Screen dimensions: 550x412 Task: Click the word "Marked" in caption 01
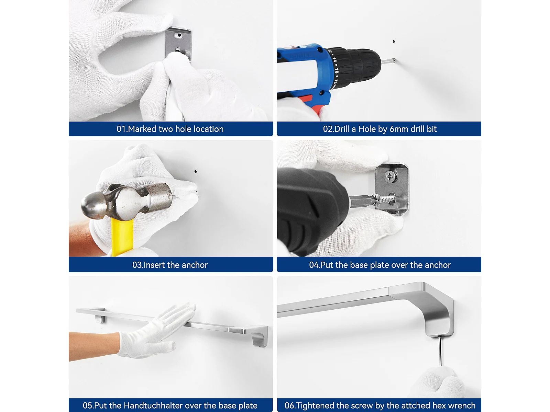pos(142,129)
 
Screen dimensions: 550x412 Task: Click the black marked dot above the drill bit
pos(394,42)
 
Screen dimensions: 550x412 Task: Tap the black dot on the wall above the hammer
pos(196,172)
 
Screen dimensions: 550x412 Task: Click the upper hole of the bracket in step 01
pos(179,35)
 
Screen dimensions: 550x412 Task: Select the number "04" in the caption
pos(314,265)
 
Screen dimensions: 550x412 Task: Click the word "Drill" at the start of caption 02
pos(342,129)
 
